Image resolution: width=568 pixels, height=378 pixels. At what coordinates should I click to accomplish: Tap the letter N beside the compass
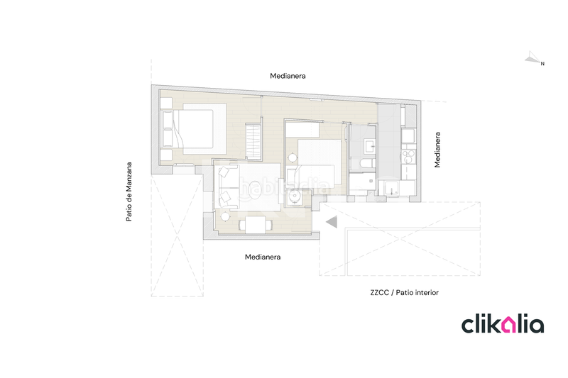[542, 65]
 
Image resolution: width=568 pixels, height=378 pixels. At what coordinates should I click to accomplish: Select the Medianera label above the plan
[288, 75]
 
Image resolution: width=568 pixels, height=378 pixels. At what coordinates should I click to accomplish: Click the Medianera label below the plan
[263, 257]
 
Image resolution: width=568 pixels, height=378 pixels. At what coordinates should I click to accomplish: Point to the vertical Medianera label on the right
[438, 150]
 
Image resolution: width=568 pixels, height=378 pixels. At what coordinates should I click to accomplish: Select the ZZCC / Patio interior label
[399, 291]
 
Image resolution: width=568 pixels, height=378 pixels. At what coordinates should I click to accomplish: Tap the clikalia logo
[503, 325]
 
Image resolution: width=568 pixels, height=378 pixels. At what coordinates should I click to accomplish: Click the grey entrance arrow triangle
[330, 223]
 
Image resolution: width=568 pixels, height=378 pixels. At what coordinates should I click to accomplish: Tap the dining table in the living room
[254, 225]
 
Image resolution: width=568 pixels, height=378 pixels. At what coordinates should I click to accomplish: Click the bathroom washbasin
[368, 146]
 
